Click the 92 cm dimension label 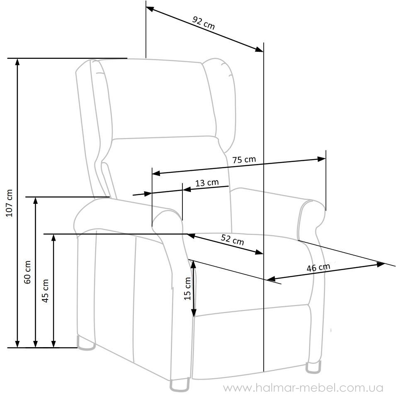click(204, 23)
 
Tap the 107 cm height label click(10, 203)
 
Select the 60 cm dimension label click(27, 272)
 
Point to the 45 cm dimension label click(45, 291)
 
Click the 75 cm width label click(244, 159)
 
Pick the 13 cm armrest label click(207, 183)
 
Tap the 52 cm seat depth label click(233, 239)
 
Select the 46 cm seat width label click(318, 267)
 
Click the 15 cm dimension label click(187, 288)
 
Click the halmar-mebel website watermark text click(304, 388)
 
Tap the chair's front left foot click(180, 385)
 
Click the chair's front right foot click(313, 367)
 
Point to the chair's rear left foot click(86, 343)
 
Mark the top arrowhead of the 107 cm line click(17, 62)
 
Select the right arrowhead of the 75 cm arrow click(322, 159)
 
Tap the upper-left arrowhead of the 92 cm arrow click(150, 9)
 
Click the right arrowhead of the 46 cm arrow click(381, 264)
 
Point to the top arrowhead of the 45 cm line click(53, 238)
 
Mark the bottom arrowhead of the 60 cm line click(36, 344)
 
